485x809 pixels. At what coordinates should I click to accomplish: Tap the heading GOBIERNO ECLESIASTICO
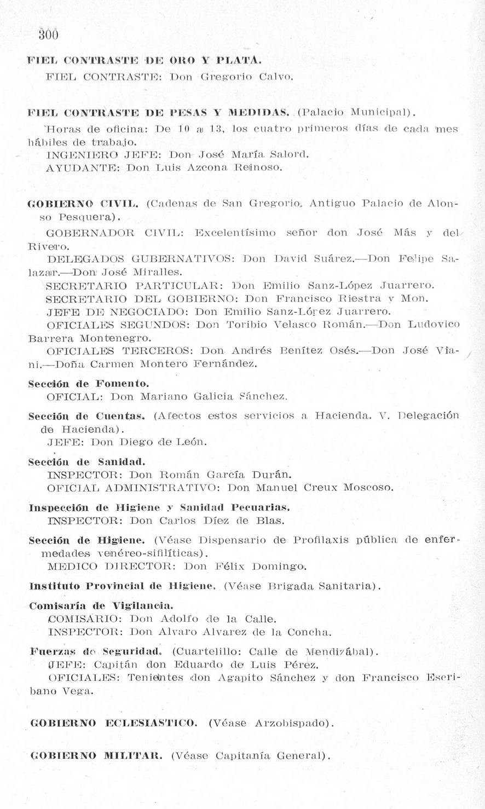click(x=114, y=723)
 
